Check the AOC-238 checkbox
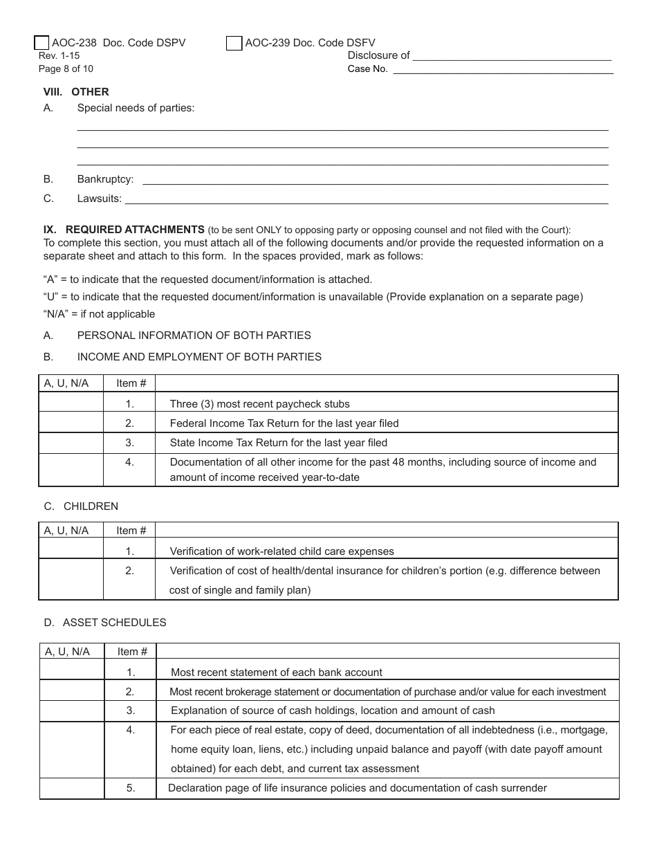(41, 43)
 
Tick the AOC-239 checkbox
(234, 43)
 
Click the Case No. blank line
(503, 69)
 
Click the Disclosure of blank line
(512, 56)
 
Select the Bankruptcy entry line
(374, 180)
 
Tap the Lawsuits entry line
(366, 199)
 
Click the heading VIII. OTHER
(76, 91)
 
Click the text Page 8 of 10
(66, 68)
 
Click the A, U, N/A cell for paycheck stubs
(71, 403)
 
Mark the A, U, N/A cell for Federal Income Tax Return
(71, 423)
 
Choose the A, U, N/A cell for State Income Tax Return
(71, 443)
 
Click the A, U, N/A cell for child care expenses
(71, 551)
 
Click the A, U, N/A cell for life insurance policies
(72, 788)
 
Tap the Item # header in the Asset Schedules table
(132, 652)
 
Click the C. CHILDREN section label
(81, 506)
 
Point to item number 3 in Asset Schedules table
(131, 711)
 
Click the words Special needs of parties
(136, 108)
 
